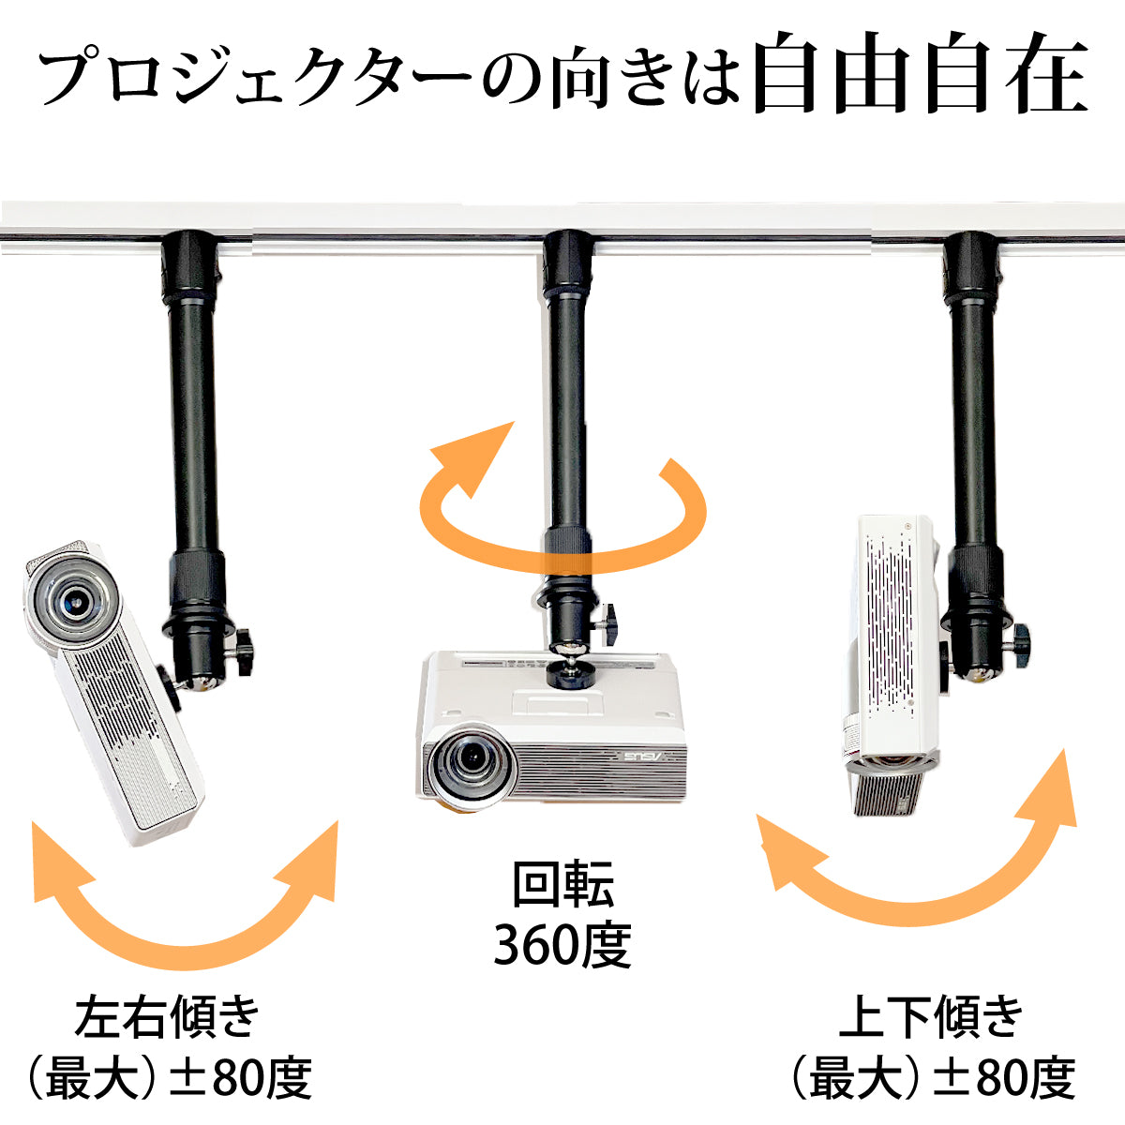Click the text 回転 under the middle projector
point(562,883)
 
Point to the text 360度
point(562,945)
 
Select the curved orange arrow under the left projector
point(185,952)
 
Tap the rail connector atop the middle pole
point(567,262)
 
